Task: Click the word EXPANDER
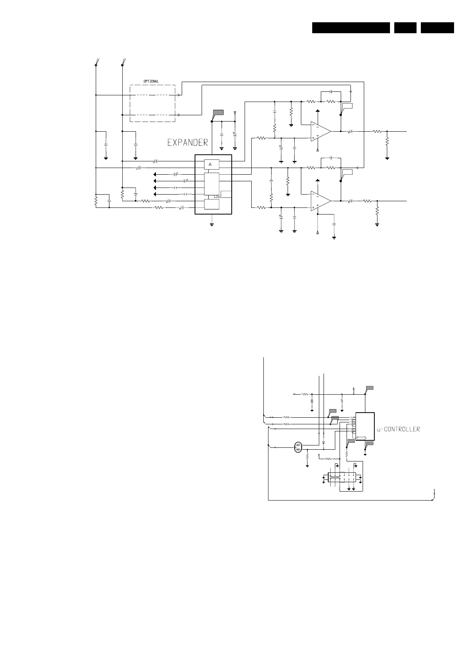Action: click(x=188, y=143)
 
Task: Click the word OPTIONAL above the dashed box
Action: click(x=151, y=81)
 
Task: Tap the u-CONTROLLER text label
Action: click(x=398, y=429)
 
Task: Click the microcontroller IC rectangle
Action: click(x=365, y=426)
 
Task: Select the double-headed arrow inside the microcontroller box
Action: click(x=361, y=438)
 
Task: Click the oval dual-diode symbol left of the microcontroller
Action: click(x=299, y=447)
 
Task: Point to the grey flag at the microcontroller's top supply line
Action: click(x=369, y=388)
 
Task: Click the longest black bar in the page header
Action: click(x=351, y=28)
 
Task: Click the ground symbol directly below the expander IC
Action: click(x=211, y=224)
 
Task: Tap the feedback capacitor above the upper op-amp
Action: click(x=331, y=91)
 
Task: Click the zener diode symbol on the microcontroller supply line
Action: click(x=312, y=401)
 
